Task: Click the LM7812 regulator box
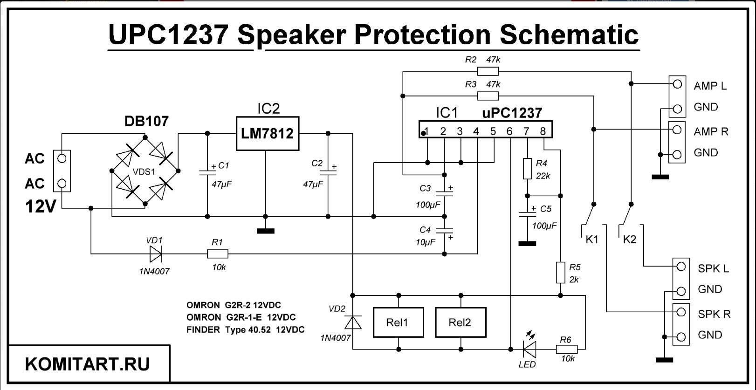point(267,134)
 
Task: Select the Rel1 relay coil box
point(398,322)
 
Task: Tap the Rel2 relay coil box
point(460,322)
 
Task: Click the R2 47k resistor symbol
point(488,71)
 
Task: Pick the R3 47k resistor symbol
point(488,96)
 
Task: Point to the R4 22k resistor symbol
point(527,169)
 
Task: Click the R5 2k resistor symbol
point(560,273)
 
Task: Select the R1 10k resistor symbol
point(217,254)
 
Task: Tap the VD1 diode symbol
point(156,254)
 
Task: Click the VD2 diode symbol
point(353,322)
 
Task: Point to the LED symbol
point(529,349)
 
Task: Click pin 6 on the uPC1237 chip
point(509,131)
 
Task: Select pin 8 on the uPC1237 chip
point(543,131)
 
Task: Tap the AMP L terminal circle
point(677,84)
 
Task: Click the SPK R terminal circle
point(680,312)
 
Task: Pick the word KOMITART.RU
point(88,364)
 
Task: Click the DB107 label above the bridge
point(146,122)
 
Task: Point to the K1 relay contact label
point(591,239)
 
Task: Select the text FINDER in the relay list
point(203,330)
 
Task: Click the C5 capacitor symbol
point(527,214)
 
